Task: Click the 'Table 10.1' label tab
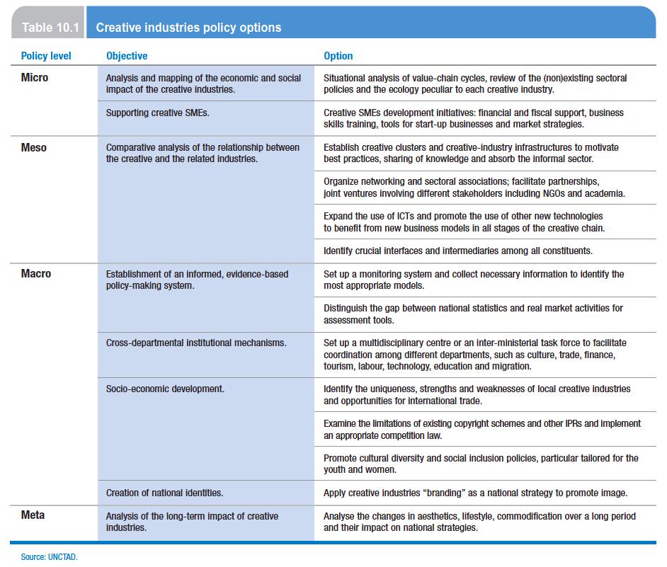(47, 28)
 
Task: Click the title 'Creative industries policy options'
(188, 28)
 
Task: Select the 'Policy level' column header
(46, 56)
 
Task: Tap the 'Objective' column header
(127, 56)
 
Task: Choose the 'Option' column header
(338, 56)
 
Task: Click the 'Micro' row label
(35, 78)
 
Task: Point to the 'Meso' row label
(34, 147)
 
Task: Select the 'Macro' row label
(36, 273)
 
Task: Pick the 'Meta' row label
(33, 515)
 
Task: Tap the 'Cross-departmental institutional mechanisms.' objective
(196, 343)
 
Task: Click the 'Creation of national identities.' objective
(164, 493)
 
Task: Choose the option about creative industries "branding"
(475, 493)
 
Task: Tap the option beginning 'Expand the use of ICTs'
(464, 222)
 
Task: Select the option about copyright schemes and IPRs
(481, 429)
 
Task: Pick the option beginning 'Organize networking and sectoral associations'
(474, 187)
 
